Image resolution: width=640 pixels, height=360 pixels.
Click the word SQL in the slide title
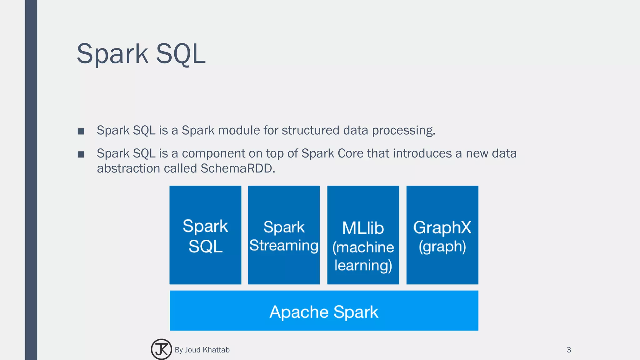pyautogui.click(x=180, y=54)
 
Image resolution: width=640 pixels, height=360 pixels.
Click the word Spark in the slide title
pyautogui.click(x=112, y=54)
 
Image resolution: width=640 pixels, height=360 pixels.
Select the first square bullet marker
pyautogui.click(x=81, y=131)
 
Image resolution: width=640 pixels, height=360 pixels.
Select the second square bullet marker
pyautogui.click(x=81, y=154)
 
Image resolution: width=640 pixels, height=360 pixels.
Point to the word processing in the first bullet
pyautogui.click(x=403, y=130)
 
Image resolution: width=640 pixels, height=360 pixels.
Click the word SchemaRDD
pyautogui.click(x=237, y=168)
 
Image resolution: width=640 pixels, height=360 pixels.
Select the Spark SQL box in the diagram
pyautogui.click(x=205, y=235)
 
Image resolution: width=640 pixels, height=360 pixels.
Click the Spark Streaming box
pyautogui.click(x=284, y=235)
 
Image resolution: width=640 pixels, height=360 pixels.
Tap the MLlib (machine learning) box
pyautogui.click(x=363, y=235)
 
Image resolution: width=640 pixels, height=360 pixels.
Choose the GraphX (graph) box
pyautogui.click(x=442, y=235)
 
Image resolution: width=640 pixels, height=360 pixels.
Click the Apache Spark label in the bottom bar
pyautogui.click(x=324, y=312)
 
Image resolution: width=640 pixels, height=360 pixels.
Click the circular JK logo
pyautogui.click(x=161, y=349)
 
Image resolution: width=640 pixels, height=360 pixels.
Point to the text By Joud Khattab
pyautogui.click(x=202, y=350)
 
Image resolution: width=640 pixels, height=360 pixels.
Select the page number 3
pyautogui.click(x=568, y=350)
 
